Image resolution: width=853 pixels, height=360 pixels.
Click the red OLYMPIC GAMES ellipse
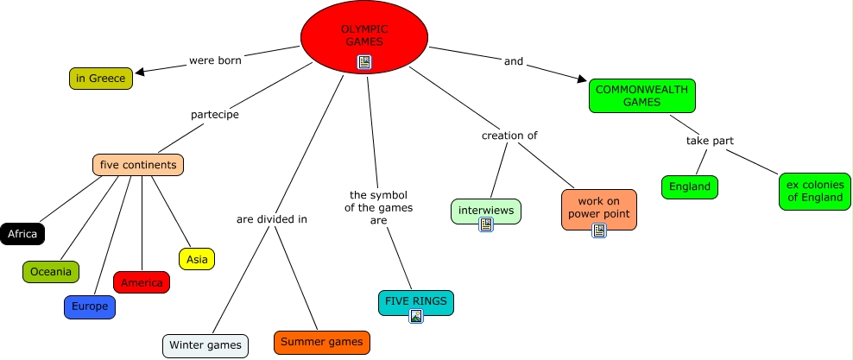(x=364, y=35)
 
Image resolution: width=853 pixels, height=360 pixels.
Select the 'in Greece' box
(x=101, y=79)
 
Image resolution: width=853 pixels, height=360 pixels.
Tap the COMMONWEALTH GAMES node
(x=642, y=95)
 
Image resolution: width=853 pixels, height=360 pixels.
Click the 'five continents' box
(x=138, y=165)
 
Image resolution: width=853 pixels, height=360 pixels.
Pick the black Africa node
(x=22, y=234)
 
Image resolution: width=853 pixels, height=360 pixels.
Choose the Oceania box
(x=51, y=271)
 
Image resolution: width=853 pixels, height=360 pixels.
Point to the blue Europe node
(x=90, y=306)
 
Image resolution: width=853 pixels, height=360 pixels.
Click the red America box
(x=142, y=282)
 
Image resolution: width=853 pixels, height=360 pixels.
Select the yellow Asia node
(x=197, y=258)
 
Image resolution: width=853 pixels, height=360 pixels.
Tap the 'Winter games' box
(x=205, y=345)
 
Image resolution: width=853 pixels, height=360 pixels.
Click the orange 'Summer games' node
(x=323, y=342)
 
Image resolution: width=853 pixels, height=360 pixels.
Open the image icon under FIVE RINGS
(x=416, y=316)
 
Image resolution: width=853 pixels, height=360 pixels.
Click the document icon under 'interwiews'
(x=486, y=224)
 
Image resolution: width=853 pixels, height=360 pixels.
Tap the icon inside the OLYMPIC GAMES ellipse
(x=364, y=61)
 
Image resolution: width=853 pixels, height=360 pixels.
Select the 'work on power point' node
(x=598, y=206)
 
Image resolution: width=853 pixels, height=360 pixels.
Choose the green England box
(x=690, y=186)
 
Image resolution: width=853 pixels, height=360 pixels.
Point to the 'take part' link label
(x=711, y=141)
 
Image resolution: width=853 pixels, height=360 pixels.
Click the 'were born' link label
(x=215, y=60)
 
